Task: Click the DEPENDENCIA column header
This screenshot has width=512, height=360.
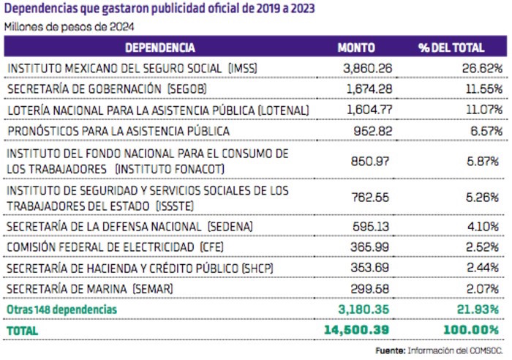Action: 159,48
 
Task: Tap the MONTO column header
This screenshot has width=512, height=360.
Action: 356,48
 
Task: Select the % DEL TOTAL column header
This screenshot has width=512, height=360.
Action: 451,48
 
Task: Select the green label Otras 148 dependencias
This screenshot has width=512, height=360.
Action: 61,310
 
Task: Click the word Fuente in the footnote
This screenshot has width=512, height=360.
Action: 390,352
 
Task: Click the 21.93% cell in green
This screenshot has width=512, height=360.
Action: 477,310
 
